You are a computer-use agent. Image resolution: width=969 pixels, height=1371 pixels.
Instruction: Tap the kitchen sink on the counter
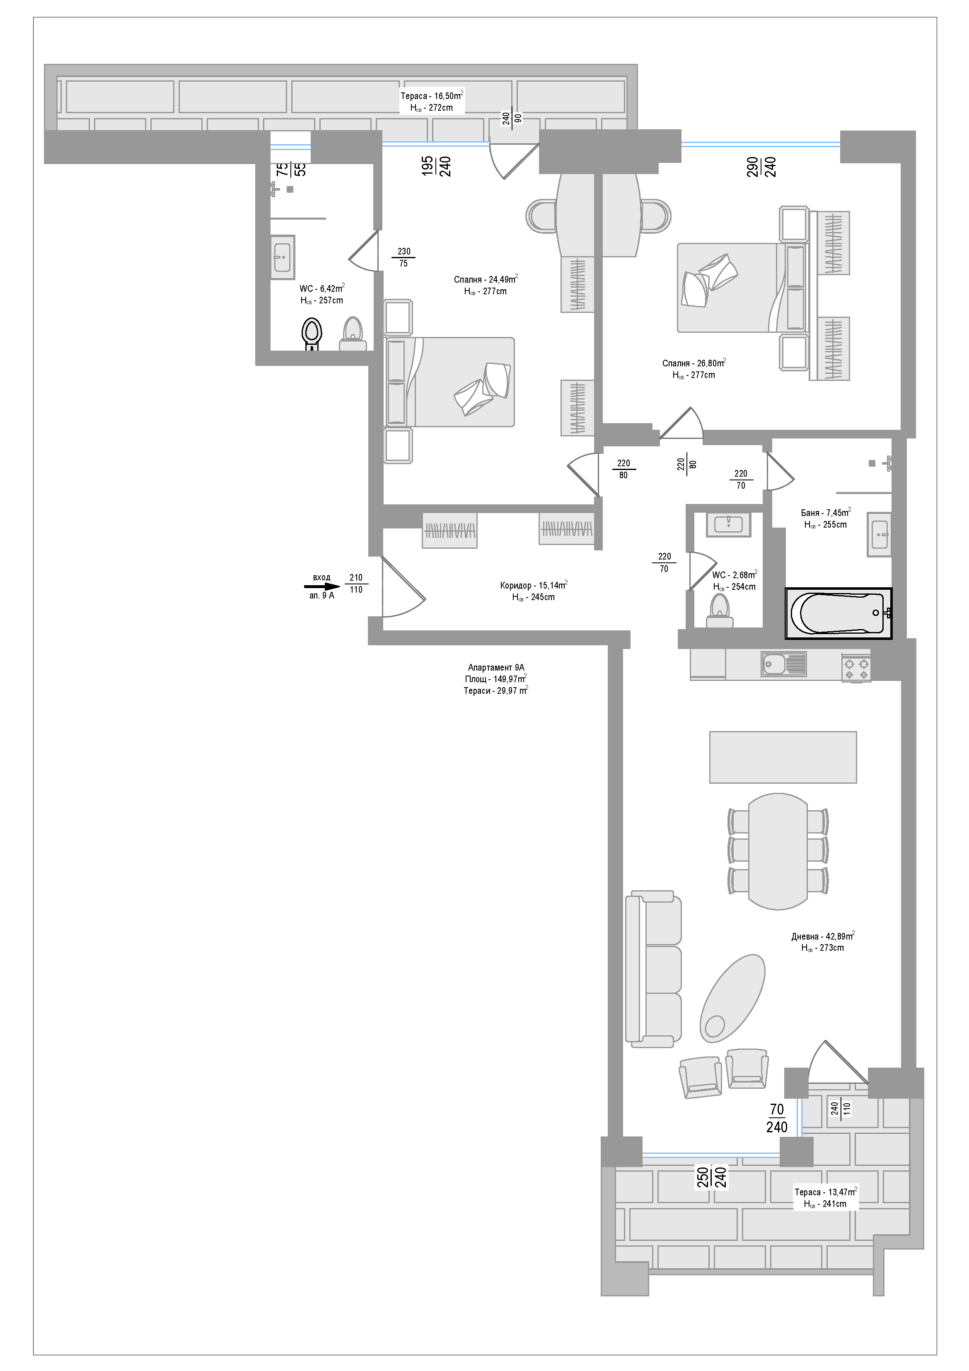pos(783,664)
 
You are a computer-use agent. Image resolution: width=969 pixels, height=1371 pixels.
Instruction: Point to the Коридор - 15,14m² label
pos(534,585)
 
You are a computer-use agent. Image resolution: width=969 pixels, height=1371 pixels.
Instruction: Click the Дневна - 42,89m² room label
pos(823,936)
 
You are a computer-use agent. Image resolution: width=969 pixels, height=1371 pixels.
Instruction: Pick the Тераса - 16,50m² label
pos(432,96)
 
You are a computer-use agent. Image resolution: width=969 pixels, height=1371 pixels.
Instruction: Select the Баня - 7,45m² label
pos(826,513)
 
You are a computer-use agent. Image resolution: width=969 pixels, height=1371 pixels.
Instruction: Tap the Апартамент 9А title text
pos(496,668)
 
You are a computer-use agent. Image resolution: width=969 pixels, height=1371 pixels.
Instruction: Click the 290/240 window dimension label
pos(761,166)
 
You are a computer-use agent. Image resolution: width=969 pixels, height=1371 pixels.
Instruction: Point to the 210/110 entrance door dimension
pos(356,584)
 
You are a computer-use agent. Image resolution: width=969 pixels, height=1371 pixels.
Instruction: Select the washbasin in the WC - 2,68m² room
pos(728,525)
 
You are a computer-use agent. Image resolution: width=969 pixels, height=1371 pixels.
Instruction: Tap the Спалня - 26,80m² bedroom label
pos(694,363)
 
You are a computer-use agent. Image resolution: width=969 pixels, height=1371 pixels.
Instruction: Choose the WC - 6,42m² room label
pos(322,288)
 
